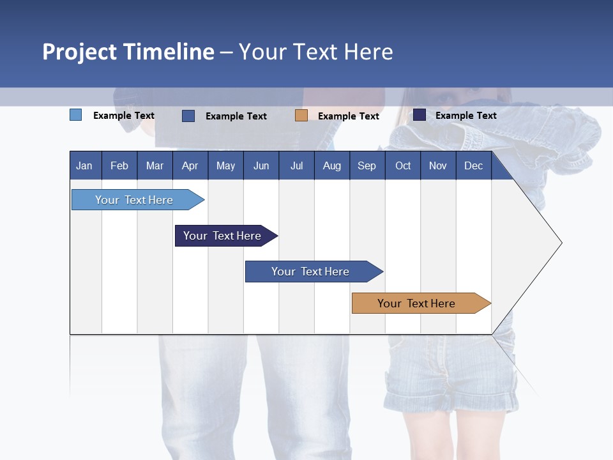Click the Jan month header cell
(x=85, y=165)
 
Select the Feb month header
(x=119, y=165)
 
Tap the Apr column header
(x=190, y=165)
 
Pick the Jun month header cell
(x=261, y=165)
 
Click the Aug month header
(x=332, y=165)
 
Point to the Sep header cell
(x=367, y=165)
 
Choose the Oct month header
(x=403, y=165)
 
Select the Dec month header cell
(x=474, y=165)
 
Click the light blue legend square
(x=76, y=115)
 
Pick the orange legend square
(x=301, y=116)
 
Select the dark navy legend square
(x=420, y=115)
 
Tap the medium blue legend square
(x=188, y=116)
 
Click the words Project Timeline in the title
(x=128, y=52)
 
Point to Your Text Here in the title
(x=315, y=52)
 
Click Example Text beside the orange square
(x=349, y=116)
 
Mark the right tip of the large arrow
(x=561, y=243)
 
